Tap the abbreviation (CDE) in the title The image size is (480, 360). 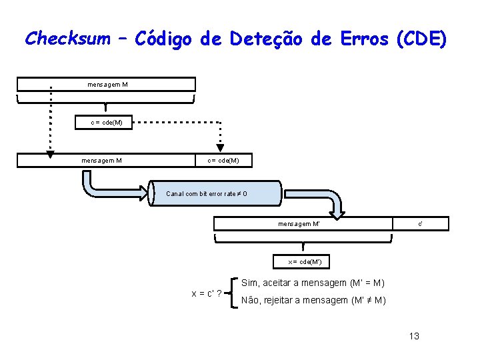[421, 39]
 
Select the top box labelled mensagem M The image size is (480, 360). [107, 84]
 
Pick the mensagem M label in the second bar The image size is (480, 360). [101, 160]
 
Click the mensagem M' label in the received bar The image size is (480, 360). [299, 223]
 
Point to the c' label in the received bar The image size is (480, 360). [421, 223]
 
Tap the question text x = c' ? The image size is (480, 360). [207, 293]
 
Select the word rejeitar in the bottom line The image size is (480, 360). [284, 300]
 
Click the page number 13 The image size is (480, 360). [414, 336]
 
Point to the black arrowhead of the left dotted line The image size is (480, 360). [50, 155]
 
